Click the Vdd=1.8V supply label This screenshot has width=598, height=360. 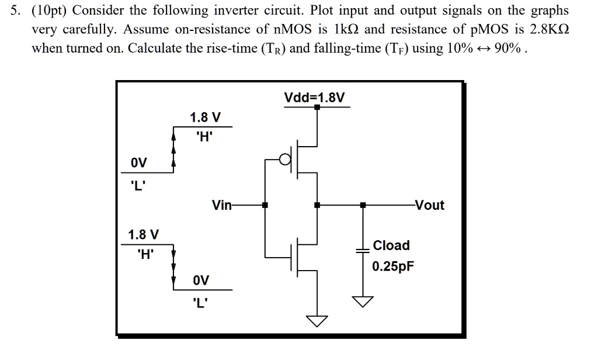click(314, 98)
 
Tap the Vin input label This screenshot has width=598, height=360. click(221, 205)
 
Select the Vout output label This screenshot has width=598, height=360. click(429, 205)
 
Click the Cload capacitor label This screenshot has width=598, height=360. click(391, 245)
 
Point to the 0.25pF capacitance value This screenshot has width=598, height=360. click(393, 266)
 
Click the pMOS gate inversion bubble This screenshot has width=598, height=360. click(284, 159)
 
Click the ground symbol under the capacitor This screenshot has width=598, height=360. click(363, 302)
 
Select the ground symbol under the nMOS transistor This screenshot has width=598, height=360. click(317, 321)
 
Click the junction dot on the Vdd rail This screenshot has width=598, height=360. click(317, 107)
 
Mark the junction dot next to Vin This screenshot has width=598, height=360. click(265, 205)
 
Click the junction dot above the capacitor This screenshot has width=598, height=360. click(363, 205)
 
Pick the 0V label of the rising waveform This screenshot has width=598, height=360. click(138, 162)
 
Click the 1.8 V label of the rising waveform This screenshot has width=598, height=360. click(205, 117)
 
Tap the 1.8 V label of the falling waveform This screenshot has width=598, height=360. click(144, 234)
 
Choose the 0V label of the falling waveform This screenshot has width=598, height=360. click(201, 280)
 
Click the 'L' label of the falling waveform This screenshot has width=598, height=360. click(201, 303)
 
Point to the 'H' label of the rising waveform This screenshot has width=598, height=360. click(204, 137)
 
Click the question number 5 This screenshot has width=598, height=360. click(15, 11)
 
